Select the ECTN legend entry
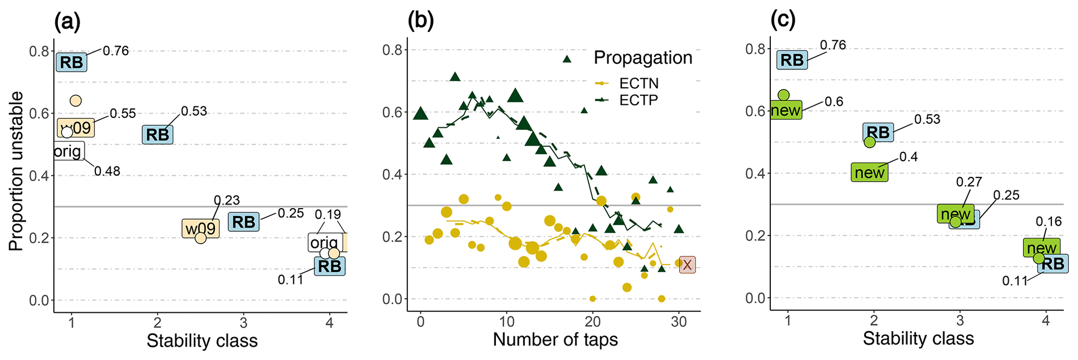tap(639, 83)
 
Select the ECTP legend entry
tap(639, 100)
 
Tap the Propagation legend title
tap(643, 57)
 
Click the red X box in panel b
tap(687, 265)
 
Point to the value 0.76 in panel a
tap(115, 51)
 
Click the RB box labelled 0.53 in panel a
tap(158, 135)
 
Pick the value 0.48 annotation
tap(107, 171)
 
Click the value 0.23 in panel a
tap(227, 200)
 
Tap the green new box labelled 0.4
tap(869, 172)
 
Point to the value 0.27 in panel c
tap(969, 182)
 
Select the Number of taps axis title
tap(555, 340)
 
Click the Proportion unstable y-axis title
tap(16, 171)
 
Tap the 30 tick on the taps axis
tap(678, 322)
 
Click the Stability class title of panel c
tap(918, 339)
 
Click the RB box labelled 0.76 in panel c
tap(792, 60)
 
